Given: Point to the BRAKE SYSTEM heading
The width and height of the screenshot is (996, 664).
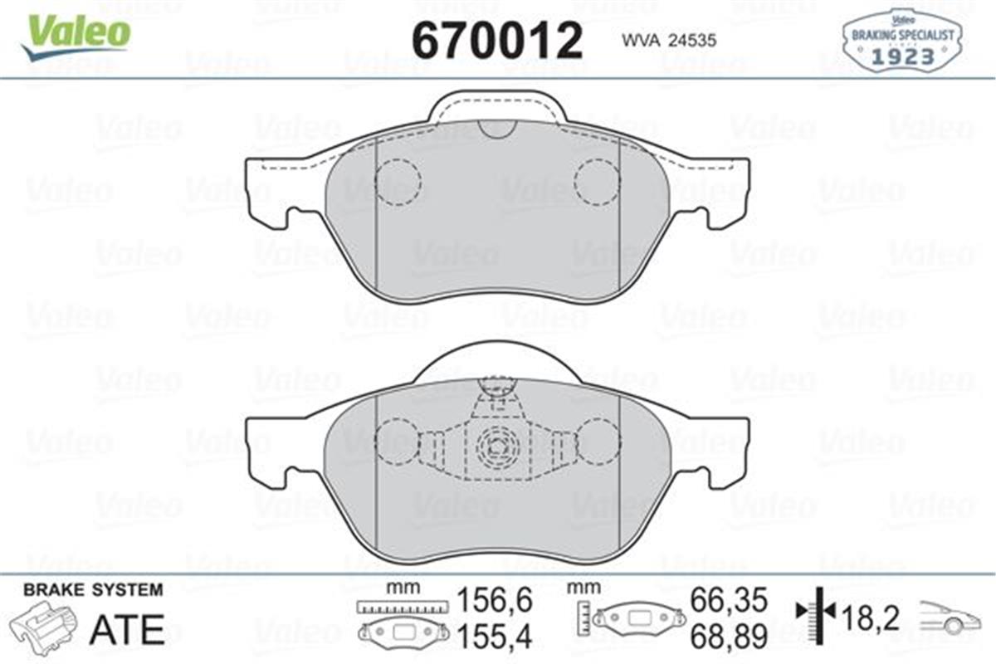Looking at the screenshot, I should pos(93,590).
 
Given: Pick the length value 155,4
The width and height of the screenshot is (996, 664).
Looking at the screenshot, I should pos(495,635).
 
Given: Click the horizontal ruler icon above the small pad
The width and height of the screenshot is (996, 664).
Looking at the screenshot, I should pos(402,607).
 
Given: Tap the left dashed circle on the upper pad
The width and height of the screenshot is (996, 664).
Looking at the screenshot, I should pos(398,182).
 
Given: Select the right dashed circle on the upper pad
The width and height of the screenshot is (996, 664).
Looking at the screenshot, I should pos(598,182).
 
